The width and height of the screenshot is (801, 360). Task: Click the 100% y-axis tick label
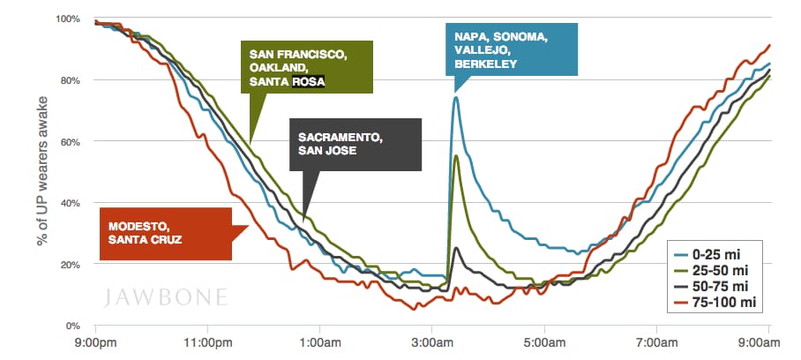[x=67, y=19]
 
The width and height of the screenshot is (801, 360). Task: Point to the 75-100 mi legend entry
[x=723, y=303]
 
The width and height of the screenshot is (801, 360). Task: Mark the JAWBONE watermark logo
[x=166, y=295]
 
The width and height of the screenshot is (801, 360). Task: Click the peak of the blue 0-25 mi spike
[x=455, y=97]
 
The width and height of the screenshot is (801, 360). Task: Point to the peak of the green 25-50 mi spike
[x=455, y=155]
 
